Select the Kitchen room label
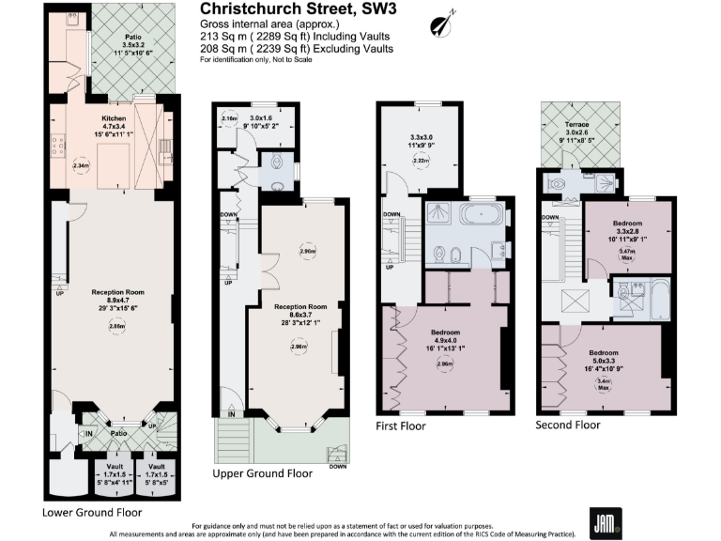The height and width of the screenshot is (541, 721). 113,119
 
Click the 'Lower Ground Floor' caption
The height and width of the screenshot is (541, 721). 92,513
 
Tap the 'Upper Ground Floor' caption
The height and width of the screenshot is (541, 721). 263,473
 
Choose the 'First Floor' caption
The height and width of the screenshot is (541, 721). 402,426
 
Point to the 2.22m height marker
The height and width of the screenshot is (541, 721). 422,161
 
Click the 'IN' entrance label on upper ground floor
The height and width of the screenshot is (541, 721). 230,413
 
